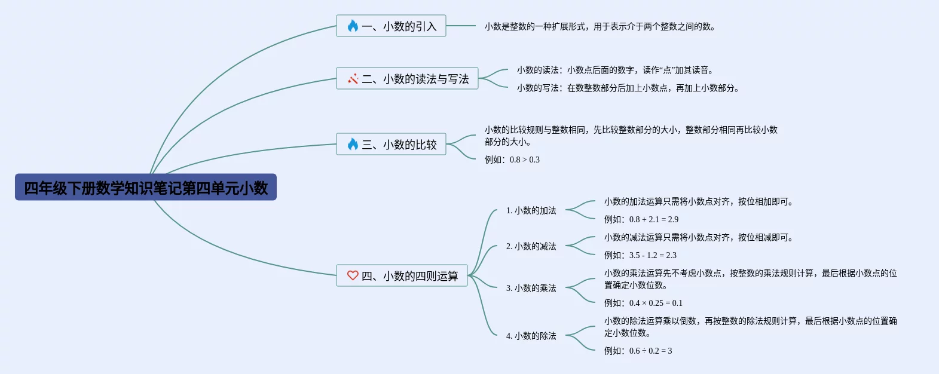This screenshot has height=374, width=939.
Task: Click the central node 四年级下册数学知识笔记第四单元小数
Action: point(146,188)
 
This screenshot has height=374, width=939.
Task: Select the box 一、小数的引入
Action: point(391,26)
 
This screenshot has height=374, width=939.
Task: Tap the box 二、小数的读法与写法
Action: point(407,79)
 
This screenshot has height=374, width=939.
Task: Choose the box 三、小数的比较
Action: point(391,145)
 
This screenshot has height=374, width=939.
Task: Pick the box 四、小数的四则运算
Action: point(402,276)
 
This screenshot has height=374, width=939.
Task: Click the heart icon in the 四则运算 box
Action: point(353,275)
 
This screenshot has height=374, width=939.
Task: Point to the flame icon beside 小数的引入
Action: point(353,26)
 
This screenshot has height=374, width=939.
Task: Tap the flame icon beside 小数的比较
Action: point(353,144)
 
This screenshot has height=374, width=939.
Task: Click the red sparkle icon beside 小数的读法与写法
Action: point(353,78)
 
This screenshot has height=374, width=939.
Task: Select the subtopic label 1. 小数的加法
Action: point(531,210)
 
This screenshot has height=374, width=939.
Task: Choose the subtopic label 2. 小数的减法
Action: point(531,246)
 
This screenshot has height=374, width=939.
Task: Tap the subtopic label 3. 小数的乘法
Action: point(531,288)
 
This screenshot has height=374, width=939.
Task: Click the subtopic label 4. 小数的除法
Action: point(531,336)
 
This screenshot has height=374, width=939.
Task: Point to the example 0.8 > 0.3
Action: point(512,160)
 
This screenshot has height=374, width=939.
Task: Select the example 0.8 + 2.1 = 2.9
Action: point(641,219)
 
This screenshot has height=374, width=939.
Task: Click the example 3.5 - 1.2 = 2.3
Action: point(640,255)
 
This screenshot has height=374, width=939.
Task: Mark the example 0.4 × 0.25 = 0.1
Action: point(643,303)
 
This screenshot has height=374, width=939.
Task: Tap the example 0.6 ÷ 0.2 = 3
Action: point(638,351)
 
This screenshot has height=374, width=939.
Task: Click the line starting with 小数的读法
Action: point(615,70)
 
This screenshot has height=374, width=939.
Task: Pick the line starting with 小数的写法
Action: point(628,88)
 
